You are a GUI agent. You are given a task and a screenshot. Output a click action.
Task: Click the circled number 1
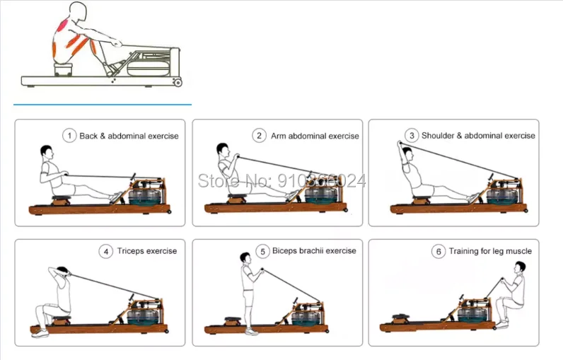69,135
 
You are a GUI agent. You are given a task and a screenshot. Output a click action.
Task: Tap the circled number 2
260,135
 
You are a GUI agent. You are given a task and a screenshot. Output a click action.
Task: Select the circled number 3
411,135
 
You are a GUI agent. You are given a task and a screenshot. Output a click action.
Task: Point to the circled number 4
106,250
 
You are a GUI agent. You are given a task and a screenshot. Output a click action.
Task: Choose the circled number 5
262,250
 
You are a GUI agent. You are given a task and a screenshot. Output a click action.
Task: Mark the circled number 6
439,250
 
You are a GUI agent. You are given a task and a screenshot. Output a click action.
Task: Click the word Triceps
133,250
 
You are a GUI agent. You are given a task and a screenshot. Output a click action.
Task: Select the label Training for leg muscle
491,250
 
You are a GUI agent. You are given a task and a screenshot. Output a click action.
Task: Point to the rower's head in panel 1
47,152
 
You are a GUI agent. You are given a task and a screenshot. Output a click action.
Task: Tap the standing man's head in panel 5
245,259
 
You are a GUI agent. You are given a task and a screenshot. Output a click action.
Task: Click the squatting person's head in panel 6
520,267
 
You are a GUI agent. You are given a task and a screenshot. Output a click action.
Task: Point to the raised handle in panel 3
400,144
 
